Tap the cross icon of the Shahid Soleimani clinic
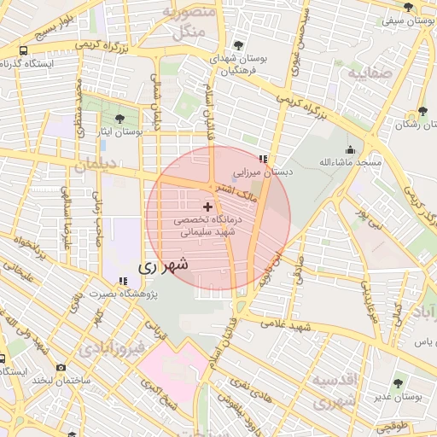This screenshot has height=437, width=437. coord(208,207)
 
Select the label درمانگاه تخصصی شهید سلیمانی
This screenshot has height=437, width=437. coord(208,225)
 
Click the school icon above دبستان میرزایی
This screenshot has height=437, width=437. coord(264,159)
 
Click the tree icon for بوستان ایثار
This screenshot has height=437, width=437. coord(119,119)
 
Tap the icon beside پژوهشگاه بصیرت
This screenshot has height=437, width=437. coord(124,280)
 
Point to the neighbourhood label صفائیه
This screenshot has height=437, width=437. coord(370,73)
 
